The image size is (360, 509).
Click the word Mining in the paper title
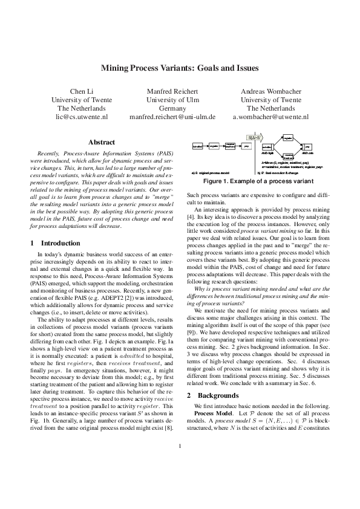tap(117, 68)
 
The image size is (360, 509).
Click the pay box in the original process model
tap(247, 146)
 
